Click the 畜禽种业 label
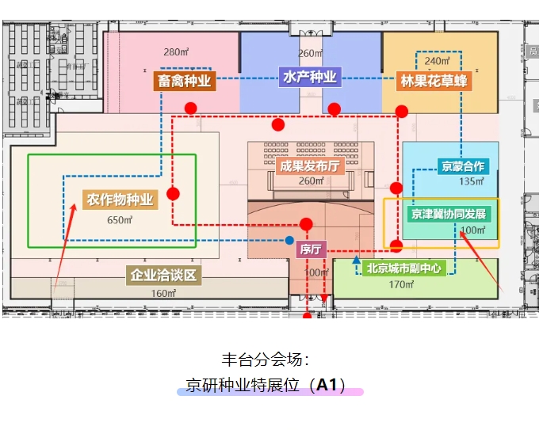pos(185,81)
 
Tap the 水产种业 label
pos(310,78)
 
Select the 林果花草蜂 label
pos(434,81)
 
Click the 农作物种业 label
pos(120,199)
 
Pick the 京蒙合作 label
pos(463,166)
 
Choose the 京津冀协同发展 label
pos(449,214)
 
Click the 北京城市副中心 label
pos(404,268)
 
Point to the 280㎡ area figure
pos(174,53)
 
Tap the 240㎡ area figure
pos(437,61)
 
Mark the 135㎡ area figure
pos(471,181)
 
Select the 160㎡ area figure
pos(163,293)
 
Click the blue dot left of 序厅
pos(289,240)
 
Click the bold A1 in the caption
pos(327,386)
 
